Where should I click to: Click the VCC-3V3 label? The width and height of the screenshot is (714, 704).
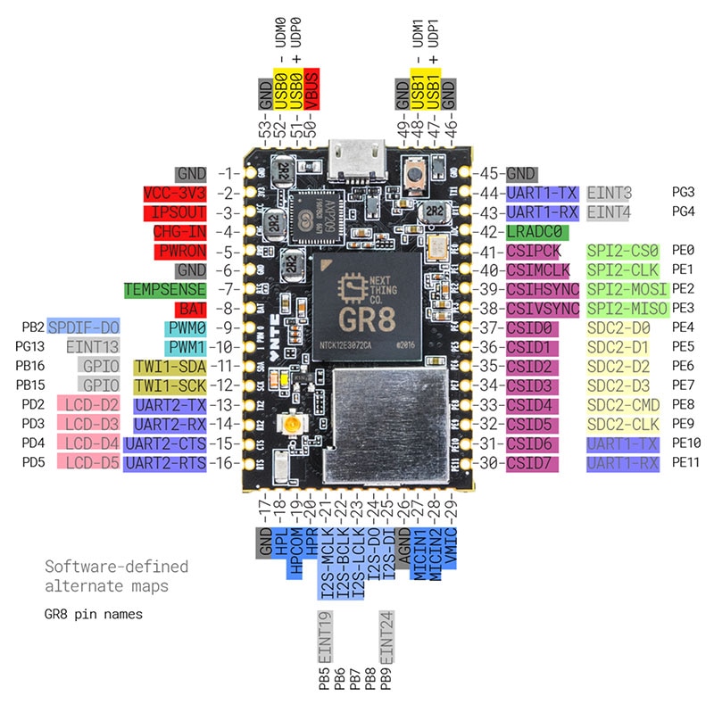(x=175, y=194)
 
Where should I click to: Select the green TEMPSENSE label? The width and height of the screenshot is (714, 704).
(x=165, y=290)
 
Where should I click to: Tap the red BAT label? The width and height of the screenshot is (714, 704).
(x=192, y=310)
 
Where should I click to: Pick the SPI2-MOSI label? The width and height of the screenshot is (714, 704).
(x=627, y=290)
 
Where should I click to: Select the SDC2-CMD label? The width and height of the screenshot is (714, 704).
(x=626, y=405)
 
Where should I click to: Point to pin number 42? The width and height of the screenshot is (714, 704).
(x=488, y=232)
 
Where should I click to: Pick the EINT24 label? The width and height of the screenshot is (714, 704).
(x=386, y=634)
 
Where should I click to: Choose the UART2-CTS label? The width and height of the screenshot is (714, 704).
(x=165, y=443)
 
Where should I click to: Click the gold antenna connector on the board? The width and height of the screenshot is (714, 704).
(x=289, y=427)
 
